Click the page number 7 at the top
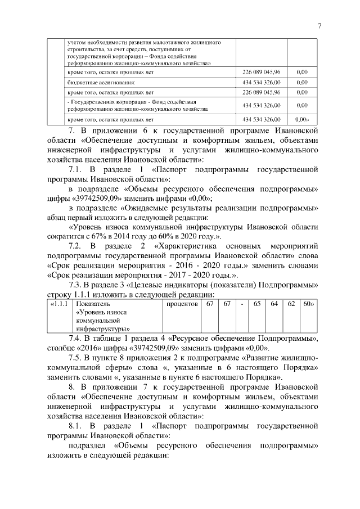pyautogui.click(x=319, y=26)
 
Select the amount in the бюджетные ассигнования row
pyautogui.click(x=261, y=82)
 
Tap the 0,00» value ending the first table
pyautogui.click(x=303, y=120)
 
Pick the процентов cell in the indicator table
pyautogui.click(x=182, y=304)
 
